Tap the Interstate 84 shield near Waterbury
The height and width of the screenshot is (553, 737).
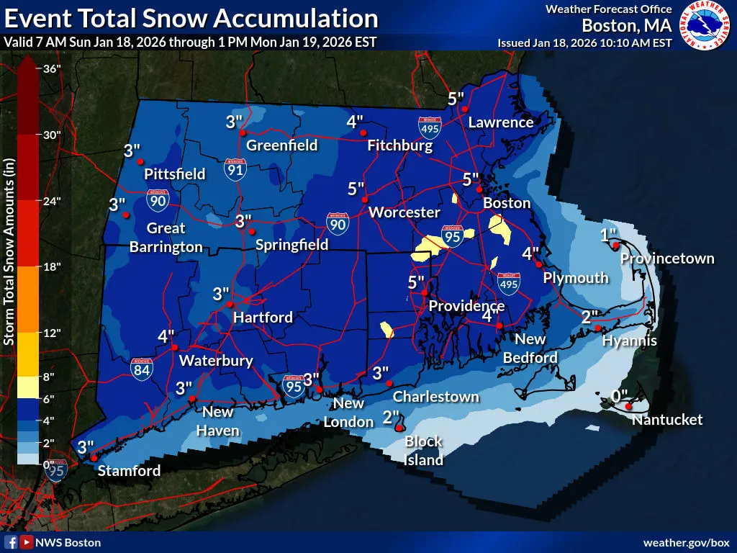142,369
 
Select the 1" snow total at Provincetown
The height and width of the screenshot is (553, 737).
609,235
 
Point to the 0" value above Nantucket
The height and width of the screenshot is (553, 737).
619,395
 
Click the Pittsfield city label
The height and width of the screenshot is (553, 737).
174,174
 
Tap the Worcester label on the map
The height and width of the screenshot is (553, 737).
404,212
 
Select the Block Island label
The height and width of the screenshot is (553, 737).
423,450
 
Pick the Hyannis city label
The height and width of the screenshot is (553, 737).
629,341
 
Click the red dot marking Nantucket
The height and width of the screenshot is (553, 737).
628,407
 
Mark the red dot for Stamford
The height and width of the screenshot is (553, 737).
94,458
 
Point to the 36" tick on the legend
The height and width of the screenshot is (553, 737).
51,69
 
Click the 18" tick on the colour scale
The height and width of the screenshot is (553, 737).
51,266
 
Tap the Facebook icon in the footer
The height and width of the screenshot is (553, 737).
12,542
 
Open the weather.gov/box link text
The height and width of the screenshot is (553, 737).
686,542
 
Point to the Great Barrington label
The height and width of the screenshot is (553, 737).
166,238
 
